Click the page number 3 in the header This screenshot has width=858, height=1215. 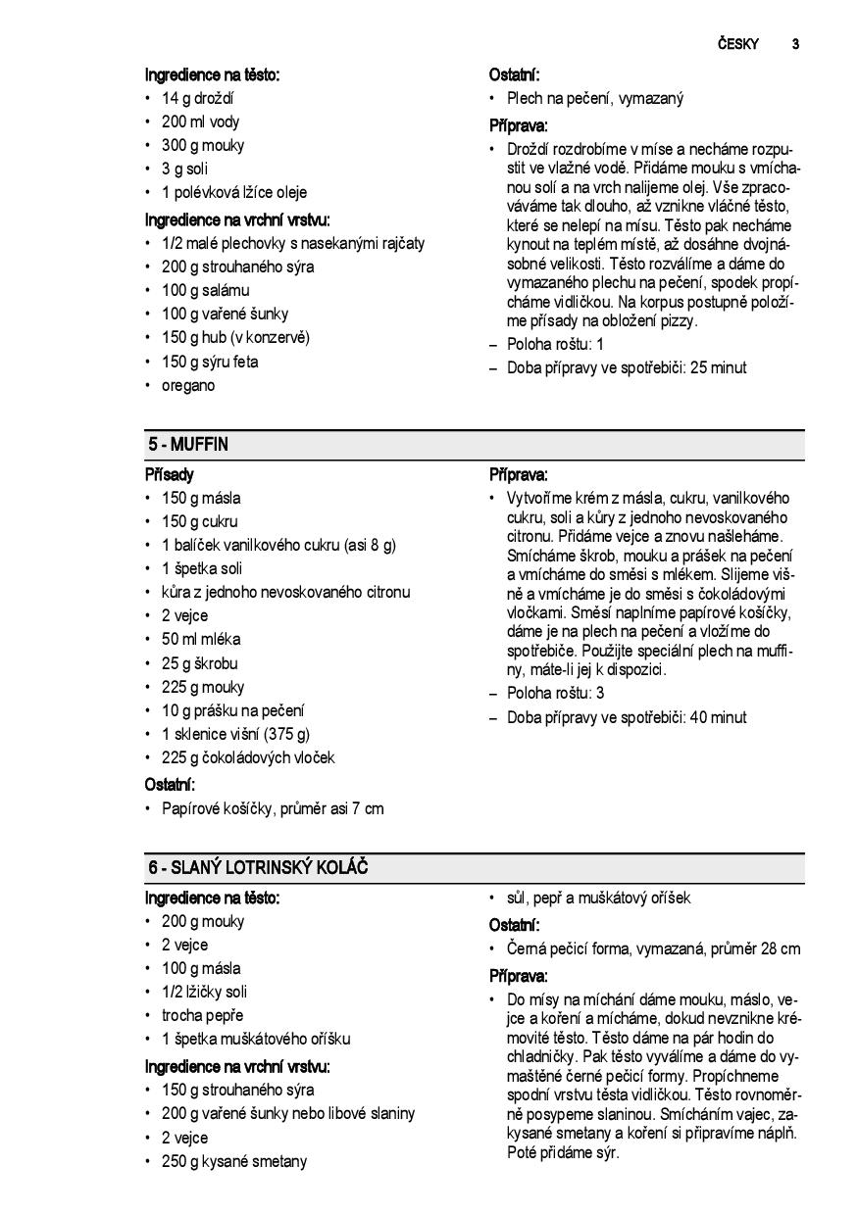(795, 44)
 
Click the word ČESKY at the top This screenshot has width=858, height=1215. (737, 44)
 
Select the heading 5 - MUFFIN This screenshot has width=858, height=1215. (188, 445)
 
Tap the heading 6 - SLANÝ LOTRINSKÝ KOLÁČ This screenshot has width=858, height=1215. (258, 868)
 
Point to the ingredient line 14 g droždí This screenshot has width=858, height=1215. (197, 98)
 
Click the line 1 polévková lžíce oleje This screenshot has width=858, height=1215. (234, 193)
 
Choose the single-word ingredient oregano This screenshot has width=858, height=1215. (188, 385)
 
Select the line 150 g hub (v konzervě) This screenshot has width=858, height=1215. (235, 338)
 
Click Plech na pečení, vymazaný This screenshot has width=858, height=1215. (595, 98)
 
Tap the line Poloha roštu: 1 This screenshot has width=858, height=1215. (555, 344)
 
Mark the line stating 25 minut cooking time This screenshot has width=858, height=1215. (627, 368)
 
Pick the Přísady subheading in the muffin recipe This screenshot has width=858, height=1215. (170, 474)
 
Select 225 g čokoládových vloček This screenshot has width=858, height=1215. (248, 757)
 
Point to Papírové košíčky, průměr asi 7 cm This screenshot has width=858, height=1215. (273, 808)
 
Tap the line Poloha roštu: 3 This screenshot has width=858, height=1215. (555, 693)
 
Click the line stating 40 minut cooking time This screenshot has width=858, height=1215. (627, 717)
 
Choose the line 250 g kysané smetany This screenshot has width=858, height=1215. (234, 1161)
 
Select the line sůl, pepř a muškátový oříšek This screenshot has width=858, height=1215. (598, 898)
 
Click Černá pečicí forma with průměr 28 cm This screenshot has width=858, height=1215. (653, 948)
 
